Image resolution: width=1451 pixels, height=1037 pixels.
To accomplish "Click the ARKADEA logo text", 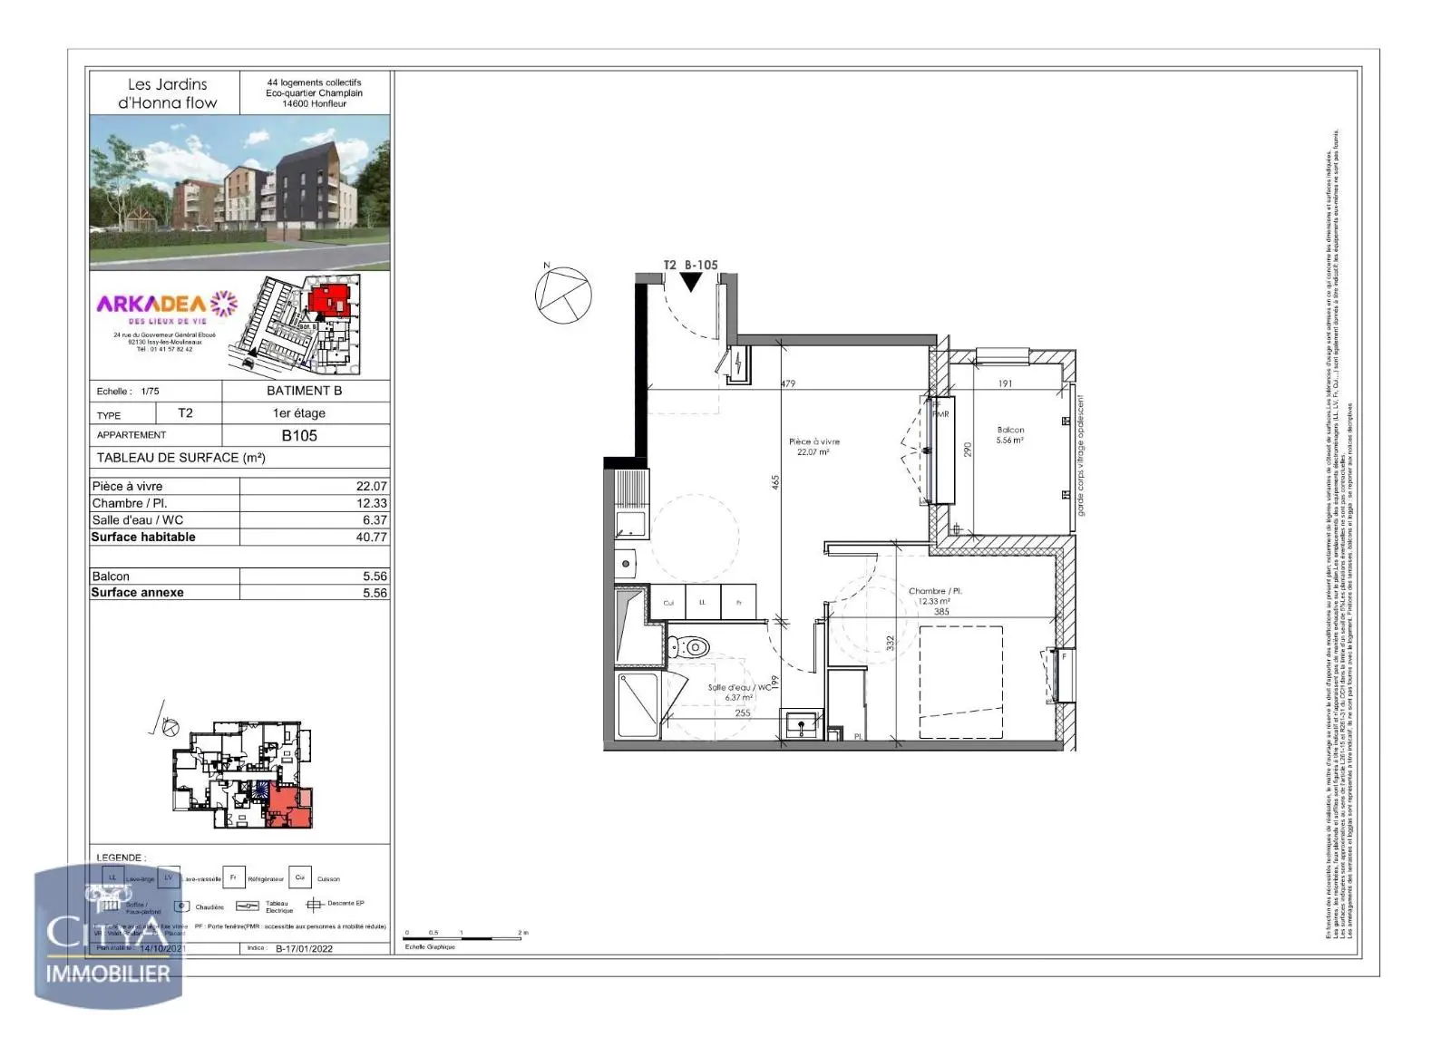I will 151,304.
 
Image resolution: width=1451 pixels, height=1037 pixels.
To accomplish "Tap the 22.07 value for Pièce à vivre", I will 371,486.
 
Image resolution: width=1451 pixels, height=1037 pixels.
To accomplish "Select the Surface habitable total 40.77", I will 371,537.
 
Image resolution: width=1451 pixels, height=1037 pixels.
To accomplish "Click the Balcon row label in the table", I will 112,577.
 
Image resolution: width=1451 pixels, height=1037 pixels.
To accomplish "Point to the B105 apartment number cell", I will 299,435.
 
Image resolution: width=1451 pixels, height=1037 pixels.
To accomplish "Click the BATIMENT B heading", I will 304,391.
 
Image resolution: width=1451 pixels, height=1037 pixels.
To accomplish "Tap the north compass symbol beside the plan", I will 562,295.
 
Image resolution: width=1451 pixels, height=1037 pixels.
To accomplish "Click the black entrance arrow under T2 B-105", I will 691,283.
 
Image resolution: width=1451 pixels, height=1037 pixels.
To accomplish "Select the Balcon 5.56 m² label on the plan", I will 1010,435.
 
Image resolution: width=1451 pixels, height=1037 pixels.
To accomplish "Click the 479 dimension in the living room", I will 788,384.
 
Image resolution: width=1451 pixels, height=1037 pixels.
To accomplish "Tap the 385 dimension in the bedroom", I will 941,612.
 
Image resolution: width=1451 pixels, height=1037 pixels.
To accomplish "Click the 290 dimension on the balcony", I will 968,449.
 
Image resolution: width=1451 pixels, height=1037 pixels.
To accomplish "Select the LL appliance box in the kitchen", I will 703,603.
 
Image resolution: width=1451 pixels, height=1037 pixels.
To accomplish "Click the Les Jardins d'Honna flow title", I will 167,93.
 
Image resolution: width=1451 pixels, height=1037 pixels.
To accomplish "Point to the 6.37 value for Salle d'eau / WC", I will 374,520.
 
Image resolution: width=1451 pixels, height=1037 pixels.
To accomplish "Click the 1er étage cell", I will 299,413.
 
